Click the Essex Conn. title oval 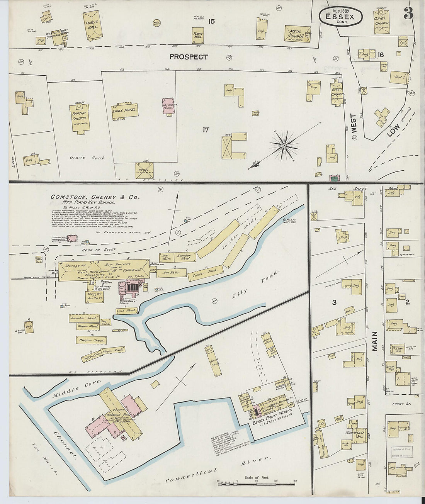click(340, 17)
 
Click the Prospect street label click(189, 57)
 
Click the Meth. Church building click(297, 34)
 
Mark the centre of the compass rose click(284, 146)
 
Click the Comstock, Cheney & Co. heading click(95, 197)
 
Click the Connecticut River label click(218, 470)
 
